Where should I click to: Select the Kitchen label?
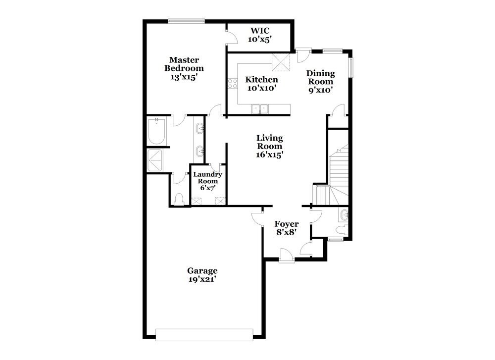(x=262, y=80)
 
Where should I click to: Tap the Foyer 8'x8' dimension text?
(x=286, y=232)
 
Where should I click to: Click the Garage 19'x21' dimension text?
(x=202, y=279)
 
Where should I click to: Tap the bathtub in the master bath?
(x=157, y=131)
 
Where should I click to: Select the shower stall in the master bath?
(x=157, y=159)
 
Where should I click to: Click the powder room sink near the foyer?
(x=344, y=215)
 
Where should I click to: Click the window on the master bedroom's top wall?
(x=186, y=21)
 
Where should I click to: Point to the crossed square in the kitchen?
(x=280, y=63)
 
